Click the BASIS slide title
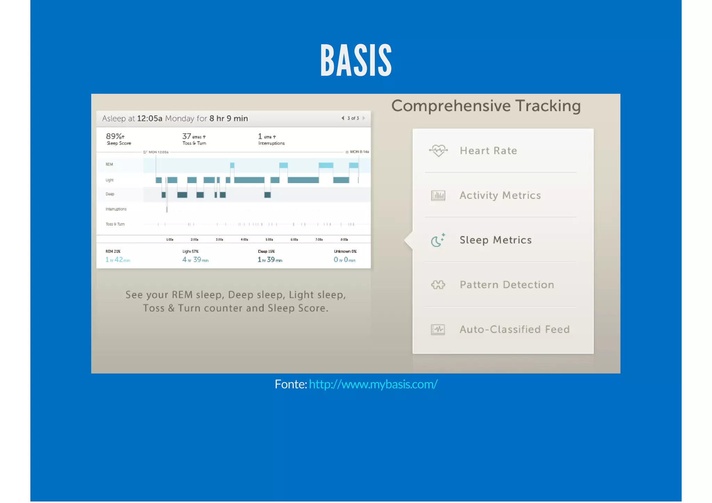point(356,60)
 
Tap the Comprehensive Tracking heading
point(486,106)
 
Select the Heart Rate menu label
point(488,151)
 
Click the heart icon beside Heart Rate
point(438,151)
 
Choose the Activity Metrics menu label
point(500,195)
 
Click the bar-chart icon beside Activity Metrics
point(438,196)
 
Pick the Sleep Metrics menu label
point(495,240)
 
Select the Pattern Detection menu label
point(507,285)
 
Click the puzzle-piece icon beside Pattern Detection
point(438,285)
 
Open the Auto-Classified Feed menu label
point(515,329)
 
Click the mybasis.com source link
point(373,384)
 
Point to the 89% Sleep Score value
point(115,136)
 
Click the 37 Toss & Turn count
point(187,136)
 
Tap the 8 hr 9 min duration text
point(228,119)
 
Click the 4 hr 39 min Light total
point(195,260)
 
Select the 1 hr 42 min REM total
point(118,260)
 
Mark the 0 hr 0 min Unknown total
point(344,260)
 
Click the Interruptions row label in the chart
point(116,209)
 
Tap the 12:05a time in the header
point(149,119)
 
